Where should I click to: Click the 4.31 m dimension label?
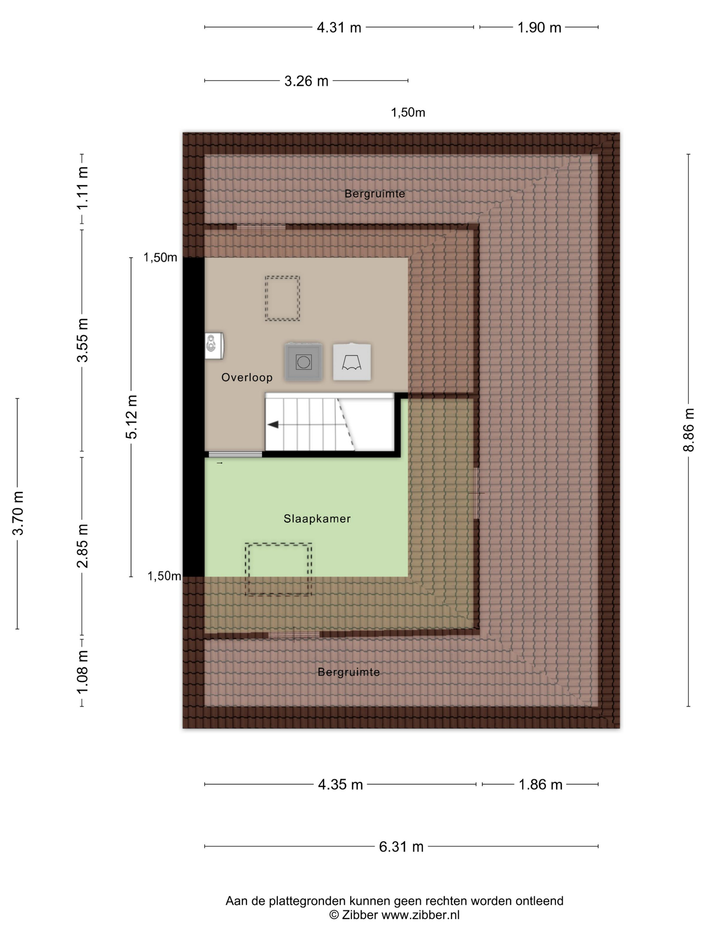339,28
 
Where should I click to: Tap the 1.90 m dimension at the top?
539,28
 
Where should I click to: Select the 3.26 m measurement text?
306,81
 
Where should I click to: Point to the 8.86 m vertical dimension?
689,429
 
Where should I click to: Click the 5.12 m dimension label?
131,417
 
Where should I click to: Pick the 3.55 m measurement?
82,340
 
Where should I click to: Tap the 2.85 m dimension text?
82,546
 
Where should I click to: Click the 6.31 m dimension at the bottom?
401,847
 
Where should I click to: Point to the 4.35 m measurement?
340,784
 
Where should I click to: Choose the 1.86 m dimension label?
540,784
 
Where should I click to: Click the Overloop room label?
247,377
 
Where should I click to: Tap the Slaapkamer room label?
317,519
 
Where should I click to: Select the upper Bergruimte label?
375,194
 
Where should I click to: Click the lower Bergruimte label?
349,672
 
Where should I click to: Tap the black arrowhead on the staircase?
273,424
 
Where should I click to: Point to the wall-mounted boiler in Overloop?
214,345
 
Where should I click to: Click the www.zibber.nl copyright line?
394,915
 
